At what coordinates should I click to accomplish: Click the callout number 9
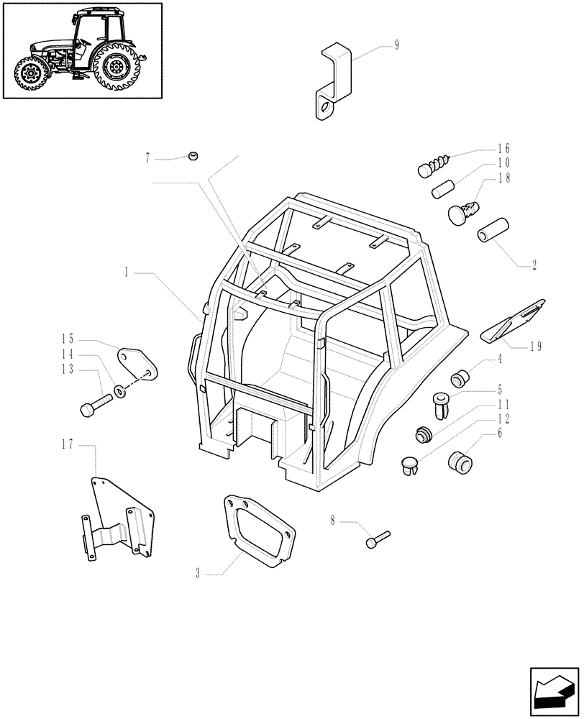click(x=396, y=45)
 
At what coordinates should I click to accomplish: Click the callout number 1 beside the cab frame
click(x=126, y=273)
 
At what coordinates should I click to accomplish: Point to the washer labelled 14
click(x=119, y=393)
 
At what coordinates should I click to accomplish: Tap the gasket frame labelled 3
click(x=257, y=533)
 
